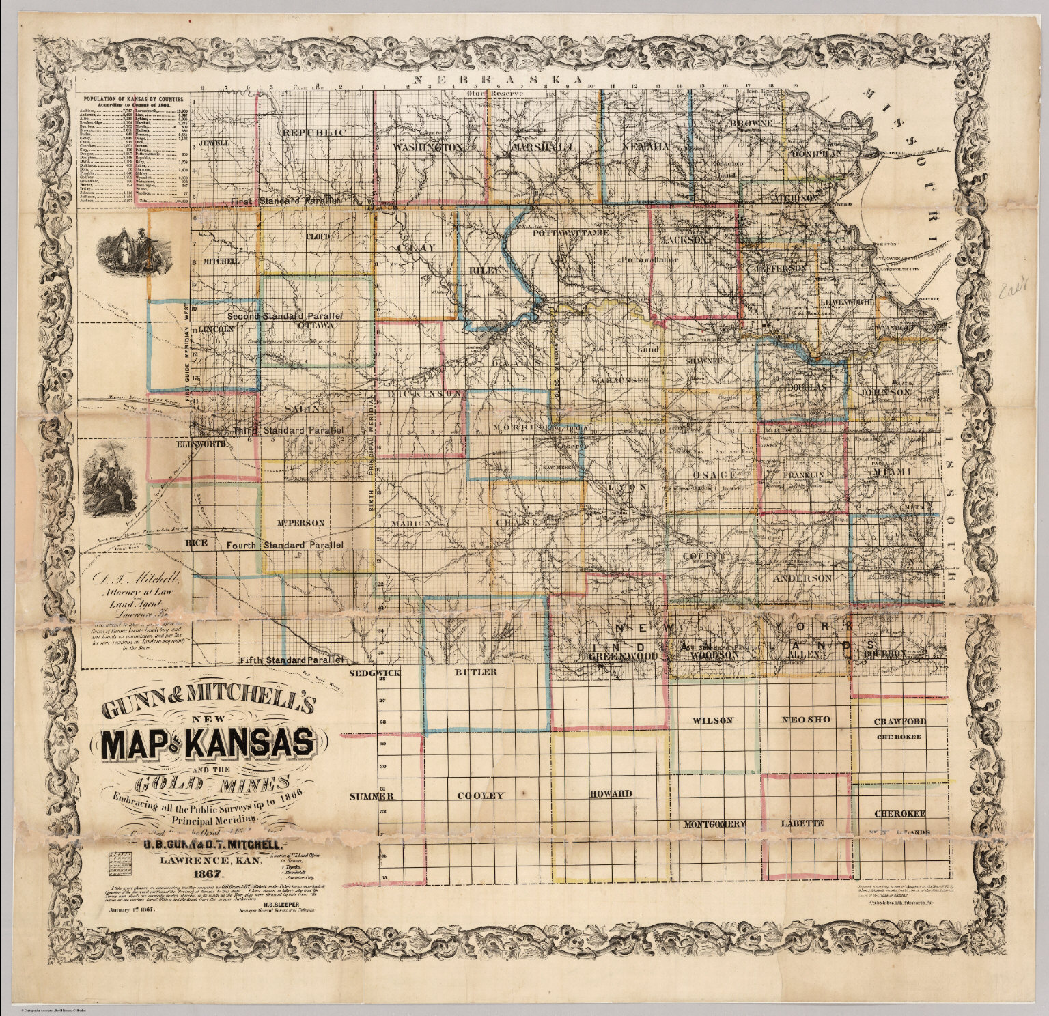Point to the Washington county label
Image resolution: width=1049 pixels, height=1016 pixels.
[429, 147]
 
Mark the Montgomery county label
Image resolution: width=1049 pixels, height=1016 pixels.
[714, 824]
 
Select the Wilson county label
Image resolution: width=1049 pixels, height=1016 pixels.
[712, 720]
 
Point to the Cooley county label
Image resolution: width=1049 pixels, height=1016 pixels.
[480, 795]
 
